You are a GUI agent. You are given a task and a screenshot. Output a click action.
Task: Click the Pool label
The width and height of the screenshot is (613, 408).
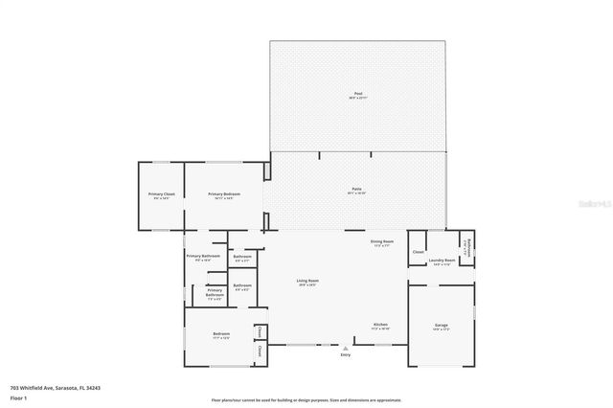tap(356, 94)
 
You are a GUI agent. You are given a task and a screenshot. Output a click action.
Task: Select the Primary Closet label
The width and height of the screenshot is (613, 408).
tap(161, 195)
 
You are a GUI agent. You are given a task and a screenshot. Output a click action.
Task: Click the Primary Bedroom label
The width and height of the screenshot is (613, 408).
tap(224, 195)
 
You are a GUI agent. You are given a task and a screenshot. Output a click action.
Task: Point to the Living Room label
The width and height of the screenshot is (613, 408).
tap(306, 283)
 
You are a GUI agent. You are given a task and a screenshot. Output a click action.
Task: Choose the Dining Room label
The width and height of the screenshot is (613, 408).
tap(382, 242)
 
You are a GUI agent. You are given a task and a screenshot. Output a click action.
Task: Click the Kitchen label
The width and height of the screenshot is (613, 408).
tap(380, 325)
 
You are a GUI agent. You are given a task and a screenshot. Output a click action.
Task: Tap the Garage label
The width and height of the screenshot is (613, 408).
tap(442, 327)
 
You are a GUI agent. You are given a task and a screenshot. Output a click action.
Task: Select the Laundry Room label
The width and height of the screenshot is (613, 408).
tap(442, 261)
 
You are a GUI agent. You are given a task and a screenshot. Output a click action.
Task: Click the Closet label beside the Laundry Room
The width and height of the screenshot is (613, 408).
tap(418, 252)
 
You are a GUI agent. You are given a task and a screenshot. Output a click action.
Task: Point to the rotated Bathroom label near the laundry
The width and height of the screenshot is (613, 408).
tap(466, 247)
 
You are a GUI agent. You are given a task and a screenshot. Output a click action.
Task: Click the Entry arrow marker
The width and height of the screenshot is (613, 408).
tap(345, 347)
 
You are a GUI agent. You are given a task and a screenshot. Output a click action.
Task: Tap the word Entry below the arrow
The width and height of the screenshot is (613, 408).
tap(345, 355)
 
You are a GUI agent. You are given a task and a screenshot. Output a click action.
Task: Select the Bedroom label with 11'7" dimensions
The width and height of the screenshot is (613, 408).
tap(221, 336)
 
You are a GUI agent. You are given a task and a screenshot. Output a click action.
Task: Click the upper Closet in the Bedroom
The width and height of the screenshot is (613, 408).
tap(260, 330)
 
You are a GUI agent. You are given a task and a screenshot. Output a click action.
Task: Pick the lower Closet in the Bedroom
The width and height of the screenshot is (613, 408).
tap(260, 352)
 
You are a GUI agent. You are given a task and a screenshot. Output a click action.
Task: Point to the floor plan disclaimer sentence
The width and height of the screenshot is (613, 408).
tap(306, 399)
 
